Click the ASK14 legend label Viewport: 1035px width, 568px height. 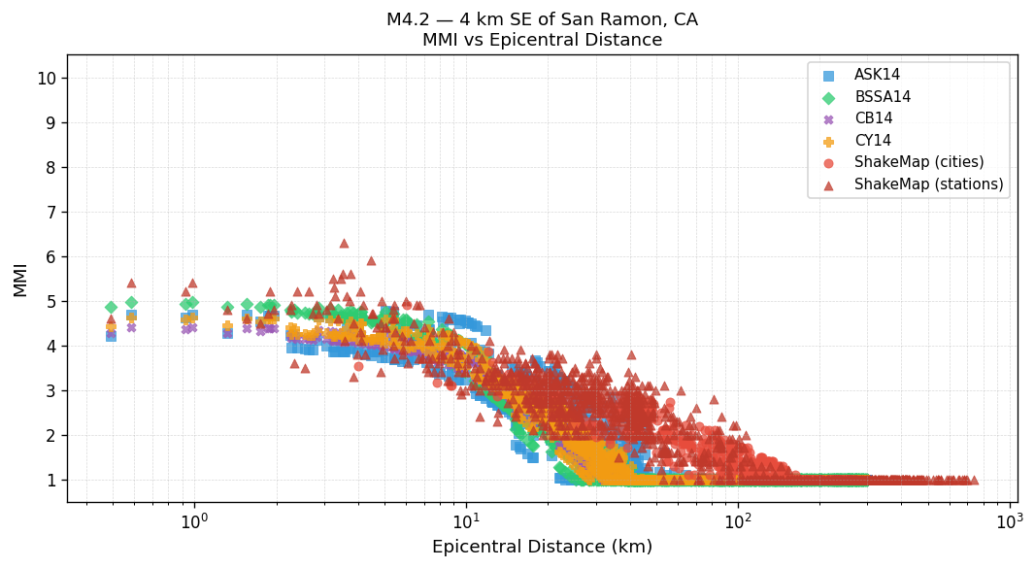coord(877,75)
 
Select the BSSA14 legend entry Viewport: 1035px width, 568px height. coord(883,97)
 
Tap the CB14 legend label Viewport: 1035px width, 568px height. coord(873,118)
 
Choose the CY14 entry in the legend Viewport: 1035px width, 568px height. coord(873,141)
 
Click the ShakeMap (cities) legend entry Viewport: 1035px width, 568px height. coord(918,162)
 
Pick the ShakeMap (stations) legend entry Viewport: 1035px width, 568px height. coord(928,184)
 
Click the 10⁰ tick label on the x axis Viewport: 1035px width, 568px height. coord(194,519)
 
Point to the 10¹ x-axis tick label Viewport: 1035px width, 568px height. coord(466,519)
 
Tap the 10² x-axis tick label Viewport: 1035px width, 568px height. coord(738,519)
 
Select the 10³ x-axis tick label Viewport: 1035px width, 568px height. coord(1010,519)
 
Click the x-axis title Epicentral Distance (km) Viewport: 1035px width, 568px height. coord(542,548)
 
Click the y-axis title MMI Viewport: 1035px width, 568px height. coord(20,279)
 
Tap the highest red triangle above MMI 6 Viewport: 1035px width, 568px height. coord(344,243)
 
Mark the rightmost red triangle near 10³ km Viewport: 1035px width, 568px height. coord(974,480)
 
